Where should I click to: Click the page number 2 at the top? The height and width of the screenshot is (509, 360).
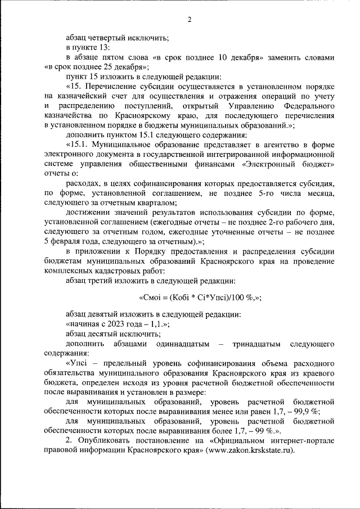[x=190, y=20]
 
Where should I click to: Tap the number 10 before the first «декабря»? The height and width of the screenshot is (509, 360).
[x=222, y=57]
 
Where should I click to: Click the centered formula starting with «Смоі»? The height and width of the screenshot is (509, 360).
[x=200, y=299]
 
